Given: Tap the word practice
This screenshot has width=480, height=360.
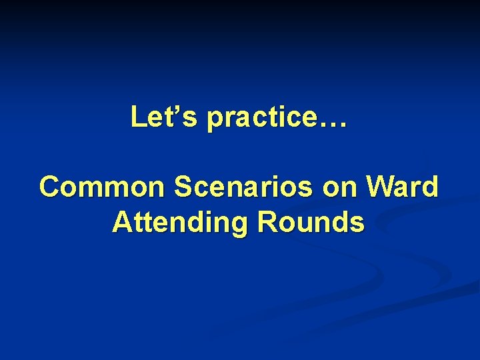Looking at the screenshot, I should [x=262, y=118].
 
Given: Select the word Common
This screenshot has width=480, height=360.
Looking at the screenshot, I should [x=103, y=187].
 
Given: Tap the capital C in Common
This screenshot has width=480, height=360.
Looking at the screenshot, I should [x=50, y=187].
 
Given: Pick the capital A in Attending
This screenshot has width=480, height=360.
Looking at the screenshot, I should [x=123, y=222].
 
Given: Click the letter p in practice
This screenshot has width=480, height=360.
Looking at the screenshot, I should [x=215, y=121].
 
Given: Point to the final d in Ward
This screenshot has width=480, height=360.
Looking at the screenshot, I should [x=431, y=187].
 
